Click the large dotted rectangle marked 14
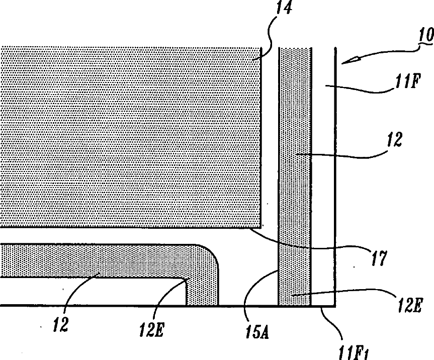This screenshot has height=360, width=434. (131, 136)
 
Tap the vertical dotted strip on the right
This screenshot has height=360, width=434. (295, 176)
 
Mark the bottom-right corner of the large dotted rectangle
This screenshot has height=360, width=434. (260, 227)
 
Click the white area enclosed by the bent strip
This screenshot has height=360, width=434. (91, 292)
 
